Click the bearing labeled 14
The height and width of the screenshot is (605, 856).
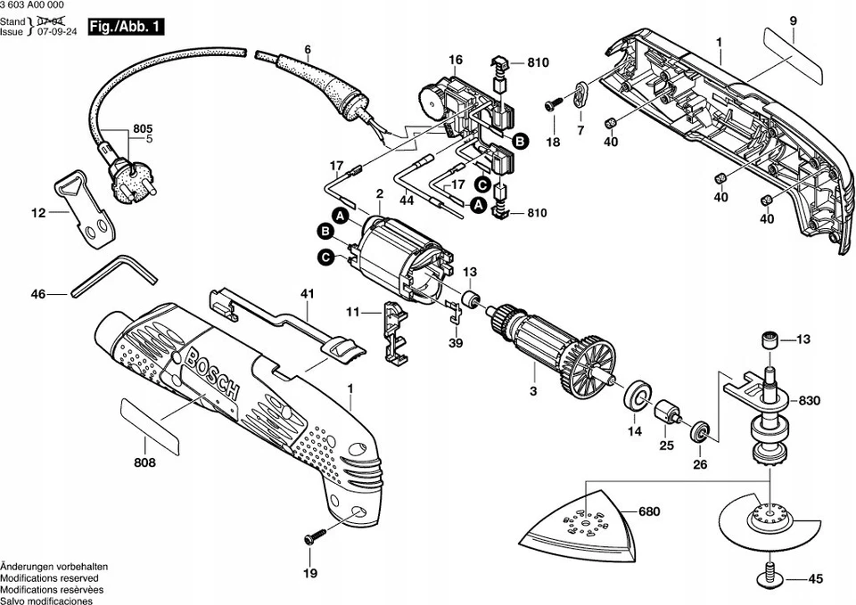[x=638, y=396]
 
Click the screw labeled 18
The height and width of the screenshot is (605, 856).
[x=553, y=105]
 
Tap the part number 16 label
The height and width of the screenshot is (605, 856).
[x=455, y=60]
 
